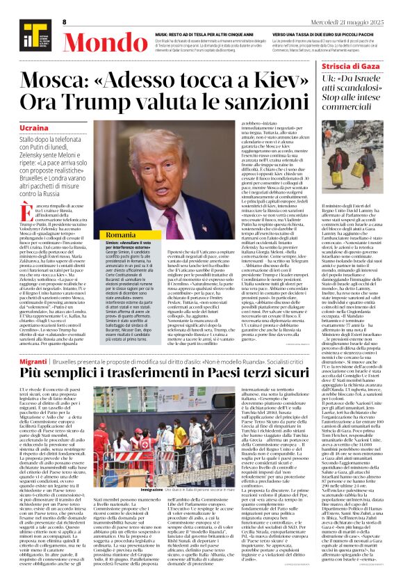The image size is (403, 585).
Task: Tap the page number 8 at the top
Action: click(64, 22)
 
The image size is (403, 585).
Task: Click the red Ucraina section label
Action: click(34, 129)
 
